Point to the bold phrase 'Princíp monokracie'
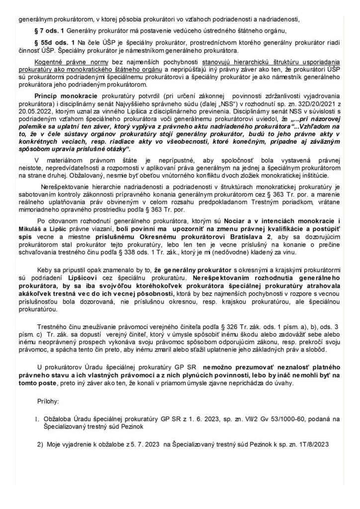(64, 95)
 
